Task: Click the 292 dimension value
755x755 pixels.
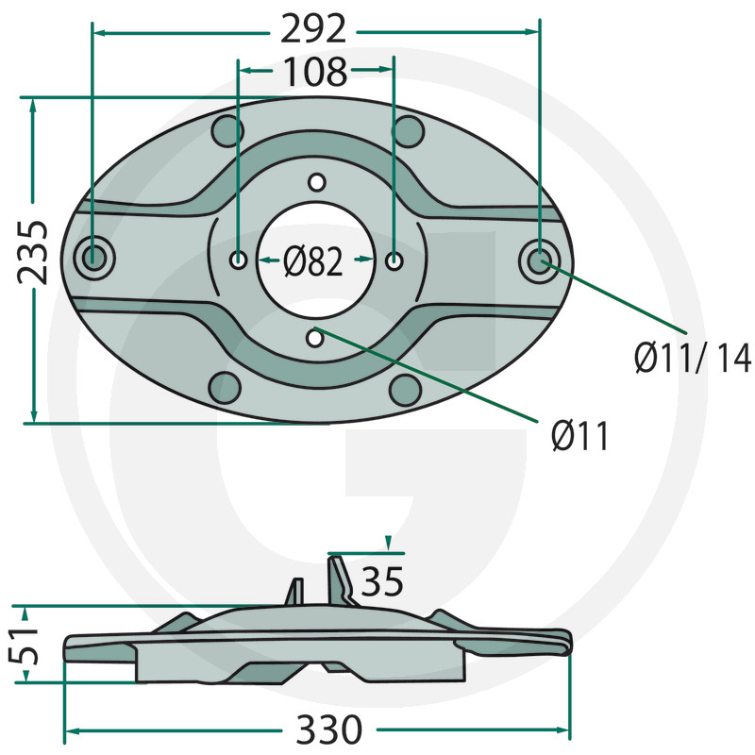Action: (313, 30)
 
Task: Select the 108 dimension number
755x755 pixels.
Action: (315, 73)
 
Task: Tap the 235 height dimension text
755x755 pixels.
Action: (33, 252)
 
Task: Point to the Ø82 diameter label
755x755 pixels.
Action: (313, 261)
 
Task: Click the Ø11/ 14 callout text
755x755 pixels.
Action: (693, 358)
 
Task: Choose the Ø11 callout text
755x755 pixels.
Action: (579, 435)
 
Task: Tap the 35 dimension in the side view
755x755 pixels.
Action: (382, 581)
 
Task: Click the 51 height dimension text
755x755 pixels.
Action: (23, 645)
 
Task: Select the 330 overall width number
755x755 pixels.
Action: (328, 729)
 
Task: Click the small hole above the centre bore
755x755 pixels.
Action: (316, 182)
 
